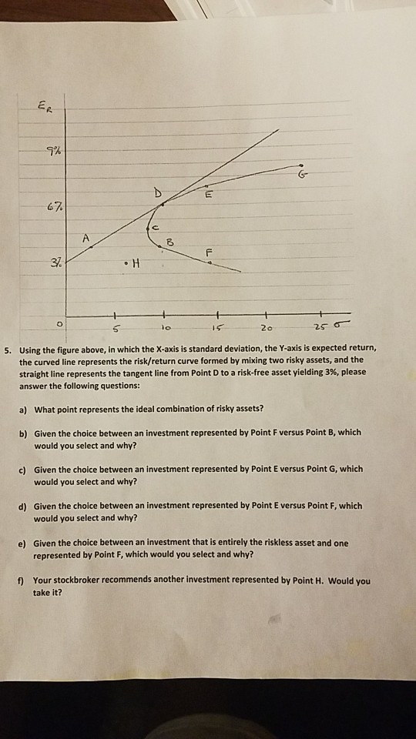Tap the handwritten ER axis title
tap(47, 110)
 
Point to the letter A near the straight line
tap(87, 239)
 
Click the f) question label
tap(24, 580)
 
